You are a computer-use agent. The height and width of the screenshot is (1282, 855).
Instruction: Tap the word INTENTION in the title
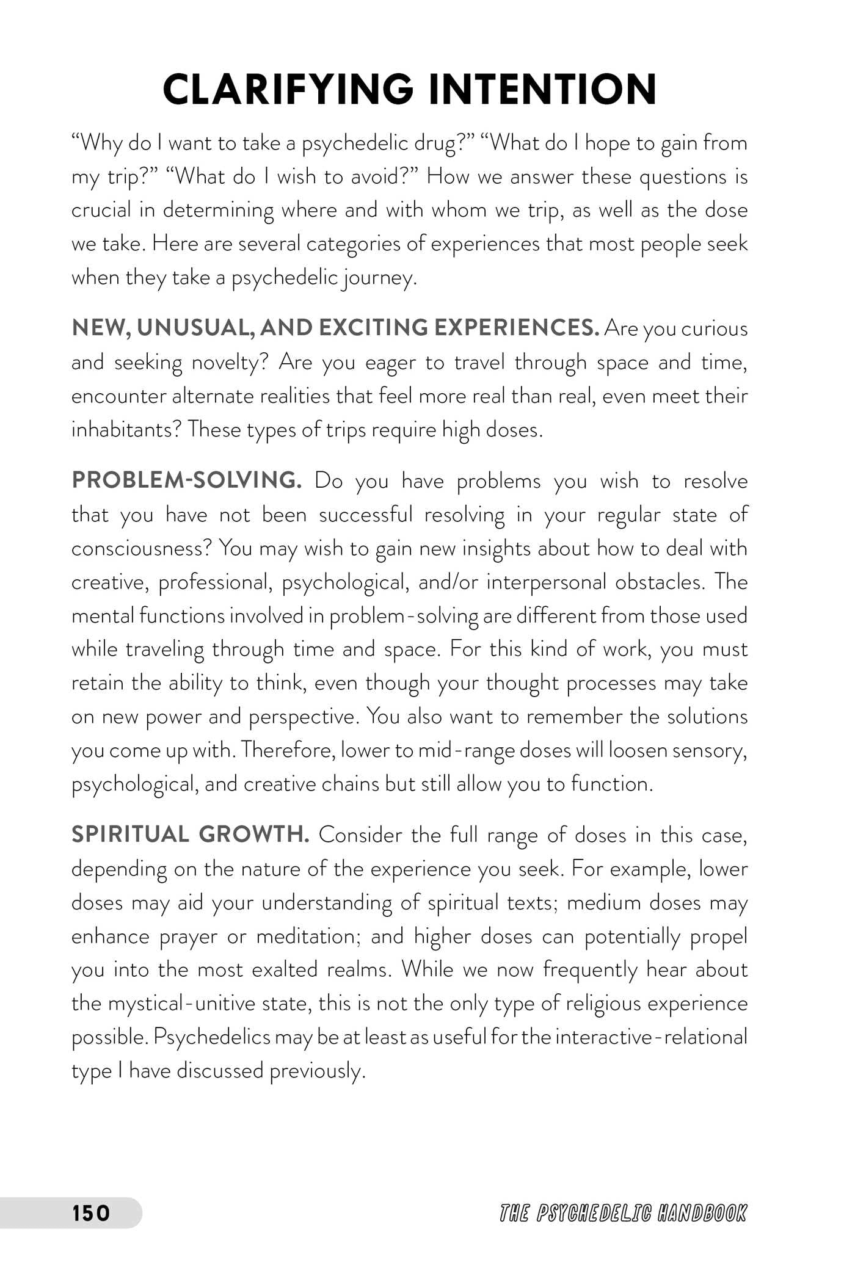click(x=542, y=90)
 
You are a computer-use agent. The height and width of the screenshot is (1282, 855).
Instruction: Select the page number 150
click(x=91, y=1212)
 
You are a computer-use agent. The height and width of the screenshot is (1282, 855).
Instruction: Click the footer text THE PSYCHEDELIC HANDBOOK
click(x=623, y=1213)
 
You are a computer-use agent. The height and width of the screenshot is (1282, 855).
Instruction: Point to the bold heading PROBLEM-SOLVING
click(x=187, y=480)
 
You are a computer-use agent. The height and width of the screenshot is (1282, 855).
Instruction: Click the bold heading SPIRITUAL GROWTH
click(x=191, y=834)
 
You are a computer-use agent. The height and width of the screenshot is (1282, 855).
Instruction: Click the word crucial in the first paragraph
click(x=101, y=210)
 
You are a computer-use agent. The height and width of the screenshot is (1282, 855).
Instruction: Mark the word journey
click(x=379, y=278)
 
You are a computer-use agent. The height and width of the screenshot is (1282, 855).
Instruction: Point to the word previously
click(x=317, y=1071)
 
